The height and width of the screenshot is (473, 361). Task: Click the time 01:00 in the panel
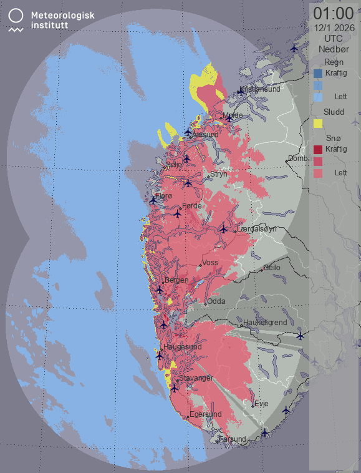click(x=334, y=13)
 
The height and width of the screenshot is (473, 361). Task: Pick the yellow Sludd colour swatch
click(x=318, y=123)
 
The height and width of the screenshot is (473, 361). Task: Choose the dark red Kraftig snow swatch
click(x=318, y=150)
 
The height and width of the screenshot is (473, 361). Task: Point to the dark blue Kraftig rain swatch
click(x=318, y=74)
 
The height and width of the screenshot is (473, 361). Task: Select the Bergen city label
click(x=176, y=281)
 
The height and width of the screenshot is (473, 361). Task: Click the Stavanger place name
click(x=196, y=378)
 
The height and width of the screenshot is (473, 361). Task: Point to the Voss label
click(x=210, y=263)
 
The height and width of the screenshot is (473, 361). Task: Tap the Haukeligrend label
click(x=265, y=323)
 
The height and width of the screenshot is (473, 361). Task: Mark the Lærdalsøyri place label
click(x=257, y=229)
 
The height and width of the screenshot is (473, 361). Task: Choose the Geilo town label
click(x=272, y=268)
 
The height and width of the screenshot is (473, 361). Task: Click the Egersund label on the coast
click(x=206, y=414)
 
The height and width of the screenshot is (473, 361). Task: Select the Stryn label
click(x=219, y=175)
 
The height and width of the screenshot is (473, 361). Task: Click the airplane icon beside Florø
click(x=153, y=200)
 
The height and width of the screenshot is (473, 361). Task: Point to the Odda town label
click(x=216, y=301)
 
